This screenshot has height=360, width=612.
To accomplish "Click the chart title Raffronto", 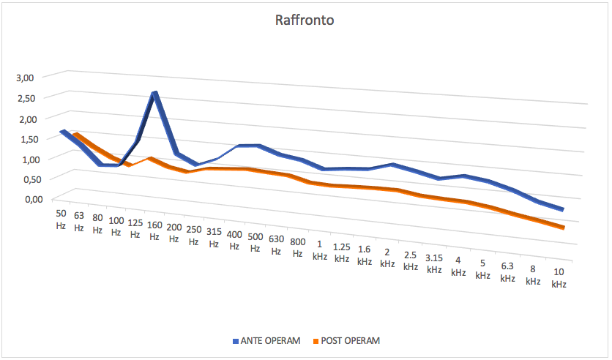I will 305,20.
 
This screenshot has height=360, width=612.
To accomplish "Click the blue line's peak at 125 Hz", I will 154,94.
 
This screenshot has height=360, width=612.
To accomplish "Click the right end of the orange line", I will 563,228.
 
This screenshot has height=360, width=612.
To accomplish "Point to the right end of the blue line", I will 562,210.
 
